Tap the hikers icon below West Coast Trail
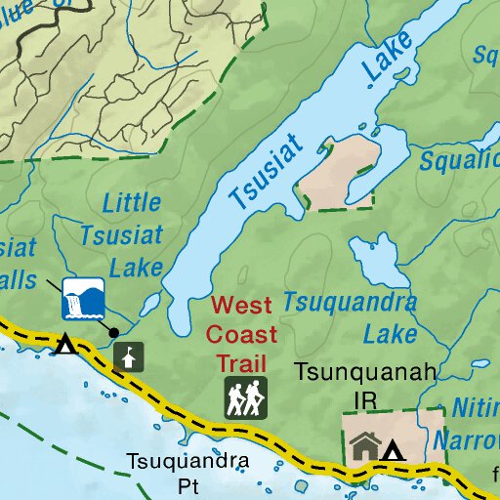point(246,397)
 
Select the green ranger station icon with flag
point(126,356)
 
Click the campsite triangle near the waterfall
point(65,345)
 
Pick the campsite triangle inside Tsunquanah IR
point(393,450)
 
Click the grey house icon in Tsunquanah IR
point(365,446)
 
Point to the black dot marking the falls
point(114,332)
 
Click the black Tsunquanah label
point(366,373)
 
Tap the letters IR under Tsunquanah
point(365,399)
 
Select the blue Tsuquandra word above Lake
point(350,303)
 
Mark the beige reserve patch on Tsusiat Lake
point(337,173)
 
